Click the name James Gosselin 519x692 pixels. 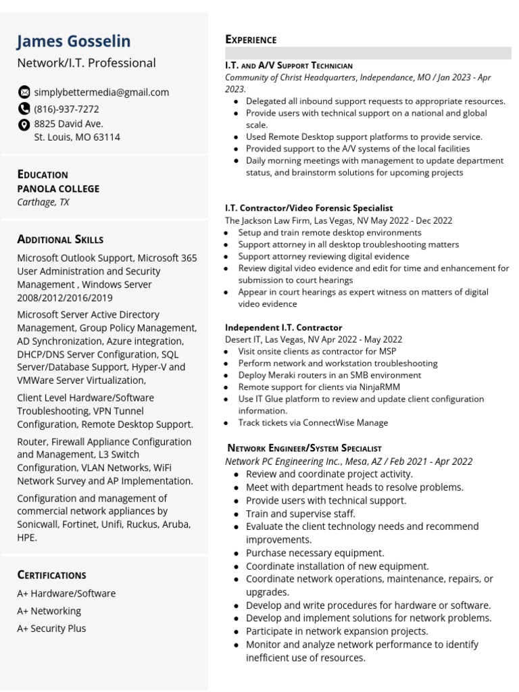pyautogui.click(x=74, y=41)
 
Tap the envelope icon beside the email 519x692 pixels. pyautogui.click(x=24, y=92)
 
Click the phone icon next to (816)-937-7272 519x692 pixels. pyautogui.click(x=24, y=109)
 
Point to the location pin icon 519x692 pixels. pyautogui.click(x=24, y=124)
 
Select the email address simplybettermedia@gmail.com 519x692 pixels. pyautogui.click(x=101, y=92)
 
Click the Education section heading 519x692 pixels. pyautogui.click(x=43, y=174)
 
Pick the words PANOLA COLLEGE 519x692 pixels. pyautogui.click(x=58, y=189)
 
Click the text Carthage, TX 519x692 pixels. pyautogui.click(x=43, y=202)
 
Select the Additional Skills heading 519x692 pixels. pyautogui.click(x=60, y=239)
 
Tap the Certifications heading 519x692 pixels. pyautogui.click(x=51, y=575)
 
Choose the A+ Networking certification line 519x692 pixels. pyautogui.click(x=49, y=611)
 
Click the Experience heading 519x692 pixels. pyautogui.click(x=251, y=40)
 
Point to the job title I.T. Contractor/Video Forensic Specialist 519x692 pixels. pyautogui.click(x=309, y=208)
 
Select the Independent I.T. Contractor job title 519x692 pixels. pyautogui.click(x=284, y=327)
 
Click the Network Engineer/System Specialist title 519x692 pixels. pyautogui.click(x=305, y=447)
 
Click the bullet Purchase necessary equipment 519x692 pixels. pyautogui.click(x=315, y=553)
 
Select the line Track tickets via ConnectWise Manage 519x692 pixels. pyautogui.click(x=313, y=423)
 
